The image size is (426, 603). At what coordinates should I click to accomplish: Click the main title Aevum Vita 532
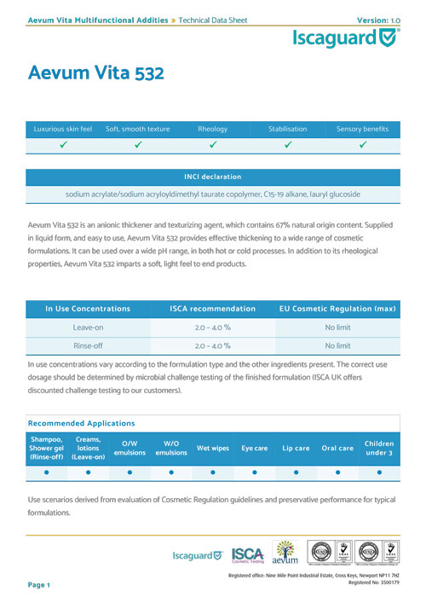click(95, 73)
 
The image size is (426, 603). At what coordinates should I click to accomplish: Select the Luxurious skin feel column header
click(63, 129)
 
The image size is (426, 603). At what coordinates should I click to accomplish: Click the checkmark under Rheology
click(212, 145)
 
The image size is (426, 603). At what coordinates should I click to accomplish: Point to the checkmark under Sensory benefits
click(362, 145)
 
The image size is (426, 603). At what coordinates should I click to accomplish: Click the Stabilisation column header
click(287, 129)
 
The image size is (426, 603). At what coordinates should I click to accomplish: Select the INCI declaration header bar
click(212, 177)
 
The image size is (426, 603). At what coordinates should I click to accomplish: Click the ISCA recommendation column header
click(212, 308)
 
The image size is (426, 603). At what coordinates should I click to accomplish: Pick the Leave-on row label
click(88, 327)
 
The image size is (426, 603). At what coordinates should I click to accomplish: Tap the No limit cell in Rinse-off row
click(337, 346)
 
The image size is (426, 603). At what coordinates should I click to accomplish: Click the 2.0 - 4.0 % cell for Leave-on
click(212, 327)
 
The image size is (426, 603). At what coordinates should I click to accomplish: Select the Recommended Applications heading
click(82, 423)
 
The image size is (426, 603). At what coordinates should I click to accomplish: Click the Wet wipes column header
click(212, 448)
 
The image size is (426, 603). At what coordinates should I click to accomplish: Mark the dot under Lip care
click(296, 471)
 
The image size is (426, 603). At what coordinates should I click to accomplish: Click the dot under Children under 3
click(379, 471)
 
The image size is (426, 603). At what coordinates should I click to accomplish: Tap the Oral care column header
click(337, 448)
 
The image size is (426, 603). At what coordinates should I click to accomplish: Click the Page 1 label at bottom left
click(39, 585)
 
